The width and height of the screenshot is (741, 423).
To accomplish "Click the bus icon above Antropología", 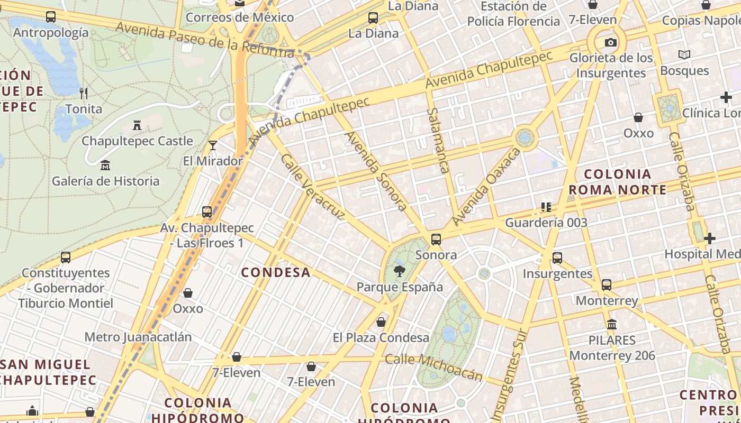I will [51, 17].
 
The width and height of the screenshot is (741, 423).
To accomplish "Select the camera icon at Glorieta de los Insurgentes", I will [610, 43].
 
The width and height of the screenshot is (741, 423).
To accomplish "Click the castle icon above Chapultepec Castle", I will [137, 125].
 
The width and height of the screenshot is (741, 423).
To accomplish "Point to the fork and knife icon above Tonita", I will [84, 94].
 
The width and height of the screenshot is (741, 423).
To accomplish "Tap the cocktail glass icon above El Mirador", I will [212, 145].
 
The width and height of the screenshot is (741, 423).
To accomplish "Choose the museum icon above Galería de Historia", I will [105, 165].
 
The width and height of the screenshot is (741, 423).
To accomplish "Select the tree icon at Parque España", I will [399, 271].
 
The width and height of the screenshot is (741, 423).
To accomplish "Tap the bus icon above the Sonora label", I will [436, 240].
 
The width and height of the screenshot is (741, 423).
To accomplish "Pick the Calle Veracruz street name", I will [313, 187].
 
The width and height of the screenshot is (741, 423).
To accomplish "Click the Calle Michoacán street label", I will [433, 366].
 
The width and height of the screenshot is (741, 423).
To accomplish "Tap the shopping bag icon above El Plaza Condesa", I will [381, 322].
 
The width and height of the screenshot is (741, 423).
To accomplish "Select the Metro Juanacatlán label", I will [138, 337].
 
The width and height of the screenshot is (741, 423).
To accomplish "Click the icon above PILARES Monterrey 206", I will [612, 324].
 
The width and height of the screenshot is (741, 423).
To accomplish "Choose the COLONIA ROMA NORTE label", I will [617, 182].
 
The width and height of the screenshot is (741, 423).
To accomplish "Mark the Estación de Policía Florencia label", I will [513, 14].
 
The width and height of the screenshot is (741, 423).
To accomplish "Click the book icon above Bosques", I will [684, 54].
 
